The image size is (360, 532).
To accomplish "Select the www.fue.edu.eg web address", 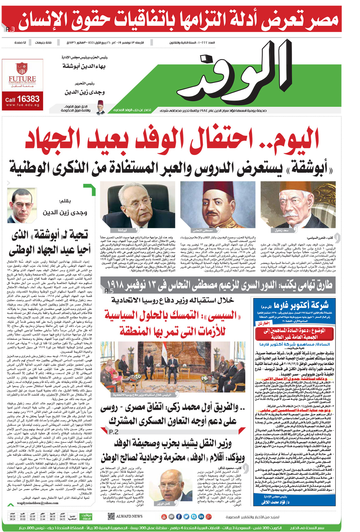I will (23, 105).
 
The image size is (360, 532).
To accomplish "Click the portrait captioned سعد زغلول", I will (298, 205).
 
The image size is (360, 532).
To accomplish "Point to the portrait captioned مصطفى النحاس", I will (218, 205).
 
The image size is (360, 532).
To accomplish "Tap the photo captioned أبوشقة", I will (138, 205).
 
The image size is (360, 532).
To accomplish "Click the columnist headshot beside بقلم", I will (22, 205).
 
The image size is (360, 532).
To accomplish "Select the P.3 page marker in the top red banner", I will (10, 29).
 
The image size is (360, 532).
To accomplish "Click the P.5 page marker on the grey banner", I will (109, 291).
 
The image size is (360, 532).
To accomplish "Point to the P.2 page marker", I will (114, 432).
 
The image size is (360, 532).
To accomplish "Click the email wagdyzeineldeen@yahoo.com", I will (38, 503).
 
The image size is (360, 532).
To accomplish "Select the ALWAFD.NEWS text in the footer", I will (129, 516).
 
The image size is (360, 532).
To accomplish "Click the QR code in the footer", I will (111, 516).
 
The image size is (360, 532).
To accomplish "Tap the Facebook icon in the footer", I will (179, 516).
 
